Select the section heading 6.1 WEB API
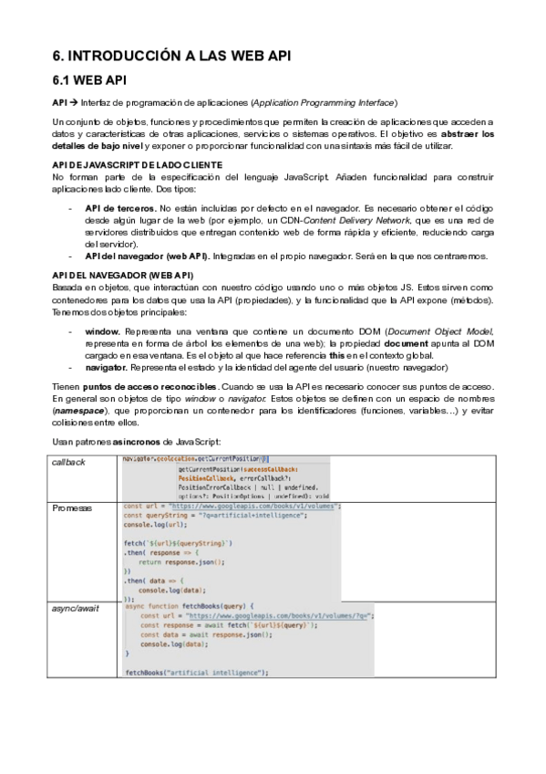pyautogui.click(x=89, y=81)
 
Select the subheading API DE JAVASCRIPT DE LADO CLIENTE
pyautogui.click(x=131, y=164)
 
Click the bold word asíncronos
pyautogui.click(x=154, y=442)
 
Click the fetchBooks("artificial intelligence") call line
pyautogui.click(x=196, y=672)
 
